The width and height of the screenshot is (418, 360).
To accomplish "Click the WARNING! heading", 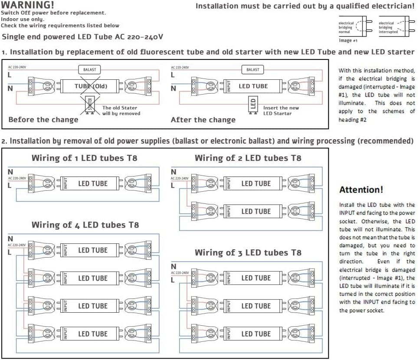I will (28, 5).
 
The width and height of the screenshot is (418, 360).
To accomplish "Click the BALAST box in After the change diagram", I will (252, 69).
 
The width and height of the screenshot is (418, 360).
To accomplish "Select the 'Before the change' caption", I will (43, 120).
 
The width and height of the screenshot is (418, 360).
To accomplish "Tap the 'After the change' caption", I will (203, 120).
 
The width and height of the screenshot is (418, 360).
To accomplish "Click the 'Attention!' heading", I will (361, 190).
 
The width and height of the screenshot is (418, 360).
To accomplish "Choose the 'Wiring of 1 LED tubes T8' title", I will (84, 158).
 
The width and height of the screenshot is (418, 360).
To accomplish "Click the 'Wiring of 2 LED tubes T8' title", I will (248, 158).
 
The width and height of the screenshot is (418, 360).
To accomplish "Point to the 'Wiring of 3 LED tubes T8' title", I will (248, 252).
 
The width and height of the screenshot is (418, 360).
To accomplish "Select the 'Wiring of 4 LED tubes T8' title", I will (85, 225).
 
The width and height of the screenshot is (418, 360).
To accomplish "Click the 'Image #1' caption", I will (348, 40).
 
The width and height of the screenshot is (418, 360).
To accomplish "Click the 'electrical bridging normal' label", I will (346, 27).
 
